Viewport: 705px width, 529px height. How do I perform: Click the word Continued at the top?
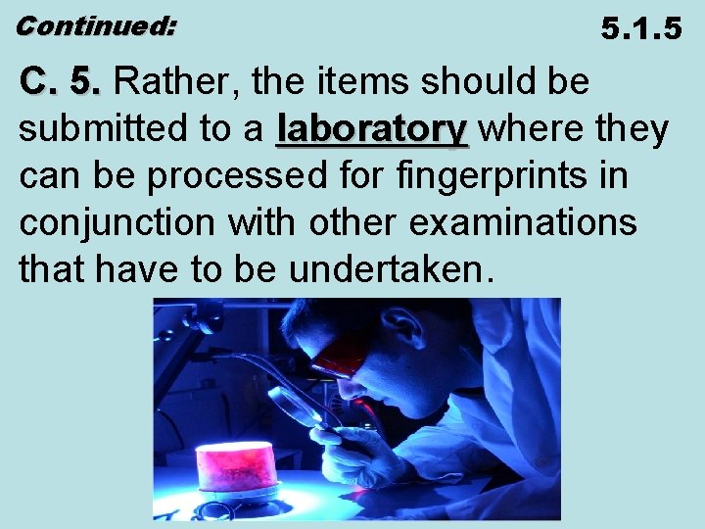pyautogui.click(x=95, y=26)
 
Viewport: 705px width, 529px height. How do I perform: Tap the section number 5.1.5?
pyautogui.click(x=641, y=28)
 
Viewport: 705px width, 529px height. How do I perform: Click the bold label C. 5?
pyautogui.click(x=60, y=82)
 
